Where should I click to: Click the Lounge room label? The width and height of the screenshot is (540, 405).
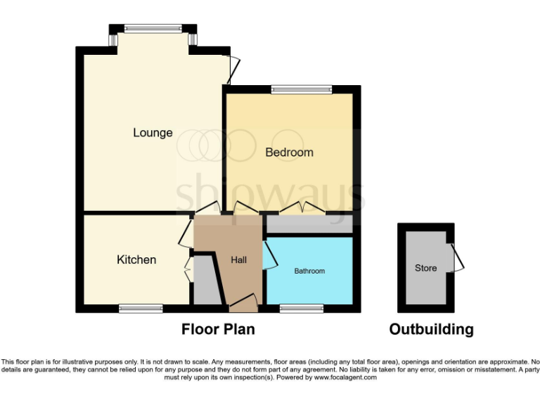[x=153, y=132]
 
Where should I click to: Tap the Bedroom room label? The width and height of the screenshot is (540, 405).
[x=289, y=152]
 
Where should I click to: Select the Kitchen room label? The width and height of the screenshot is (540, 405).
[x=136, y=259]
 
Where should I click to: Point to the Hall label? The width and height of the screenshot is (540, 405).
[x=239, y=259]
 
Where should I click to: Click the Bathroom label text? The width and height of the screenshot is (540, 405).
[x=309, y=271]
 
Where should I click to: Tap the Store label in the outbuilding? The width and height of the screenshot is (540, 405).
[x=425, y=268]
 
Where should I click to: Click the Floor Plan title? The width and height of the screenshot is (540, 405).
[x=218, y=329]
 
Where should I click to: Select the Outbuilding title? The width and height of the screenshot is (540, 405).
[x=431, y=329]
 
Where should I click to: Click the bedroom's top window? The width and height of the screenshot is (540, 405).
[x=301, y=89]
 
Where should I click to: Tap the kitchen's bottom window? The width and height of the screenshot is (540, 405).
[x=141, y=308]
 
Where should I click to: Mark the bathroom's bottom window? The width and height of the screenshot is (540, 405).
[x=301, y=308]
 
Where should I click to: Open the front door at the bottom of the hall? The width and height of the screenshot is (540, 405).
[x=243, y=304]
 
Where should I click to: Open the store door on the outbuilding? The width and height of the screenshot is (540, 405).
[x=458, y=257]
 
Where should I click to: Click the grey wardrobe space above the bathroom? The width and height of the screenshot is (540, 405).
[x=308, y=225]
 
